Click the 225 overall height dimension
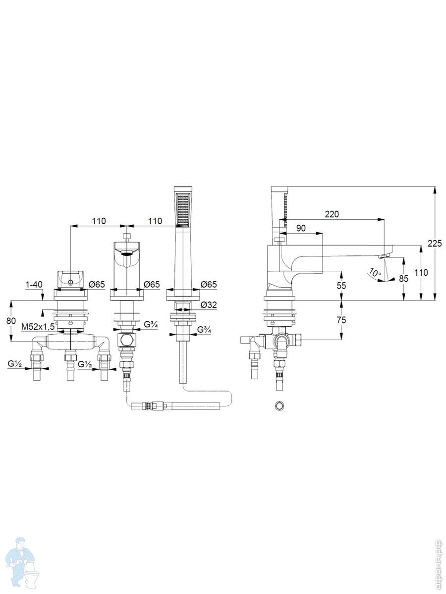[x=435, y=243]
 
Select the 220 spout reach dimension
[x=332, y=214]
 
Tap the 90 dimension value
[x=301, y=228]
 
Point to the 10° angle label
[x=375, y=272]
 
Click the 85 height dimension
[x=403, y=278]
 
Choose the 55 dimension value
[x=341, y=285]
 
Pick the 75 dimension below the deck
[x=341, y=320]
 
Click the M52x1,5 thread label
[x=39, y=327]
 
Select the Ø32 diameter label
[x=209, y=305]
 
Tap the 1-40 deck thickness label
[x=34, y=285]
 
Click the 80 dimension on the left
[x=11, y=321]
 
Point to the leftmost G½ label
[x=15, y=364]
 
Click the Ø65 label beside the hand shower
[x=209, y=285]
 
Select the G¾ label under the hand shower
[x=204, y=329]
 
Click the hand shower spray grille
[x=182, y=210]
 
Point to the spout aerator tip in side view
[x=385, y=256]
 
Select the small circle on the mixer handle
[x=71, y=283]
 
